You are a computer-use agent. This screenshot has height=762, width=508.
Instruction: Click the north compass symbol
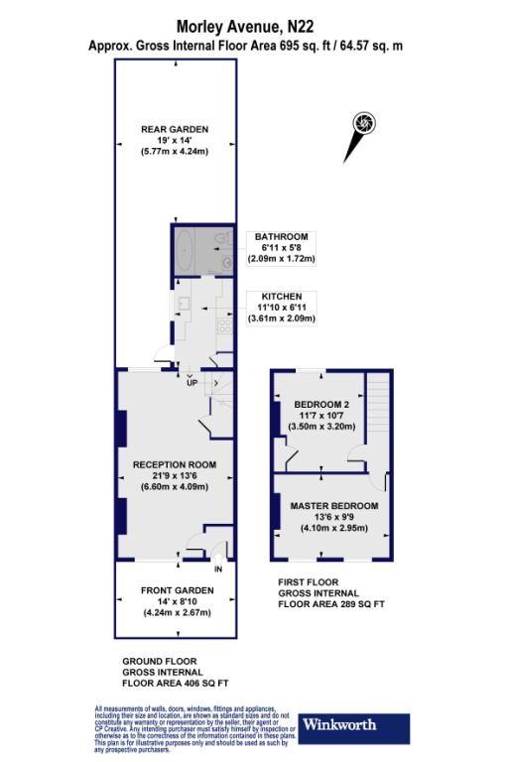(x=364, y=123)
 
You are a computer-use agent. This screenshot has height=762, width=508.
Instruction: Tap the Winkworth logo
(x=353, y=723)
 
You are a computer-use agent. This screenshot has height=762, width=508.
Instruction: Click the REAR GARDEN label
(x=175, y=126)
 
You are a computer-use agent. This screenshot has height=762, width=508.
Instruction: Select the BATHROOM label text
(x=282, y=236)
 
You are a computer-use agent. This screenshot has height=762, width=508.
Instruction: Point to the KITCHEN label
(x=282, y=296)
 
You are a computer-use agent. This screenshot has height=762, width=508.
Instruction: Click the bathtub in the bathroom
(x=186, y=249)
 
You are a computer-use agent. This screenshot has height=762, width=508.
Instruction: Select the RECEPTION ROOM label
(x=175, y=464)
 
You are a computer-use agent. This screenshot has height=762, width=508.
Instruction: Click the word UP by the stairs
(x=191, y=383)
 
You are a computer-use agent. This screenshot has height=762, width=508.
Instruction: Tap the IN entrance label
(x=217, y=570)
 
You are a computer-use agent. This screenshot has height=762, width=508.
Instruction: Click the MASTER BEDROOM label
(x=334, y=506)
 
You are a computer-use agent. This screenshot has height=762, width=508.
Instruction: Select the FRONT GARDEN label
(x=175, y=589)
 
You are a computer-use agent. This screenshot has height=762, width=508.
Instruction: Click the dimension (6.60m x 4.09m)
(x=175, y=487)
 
